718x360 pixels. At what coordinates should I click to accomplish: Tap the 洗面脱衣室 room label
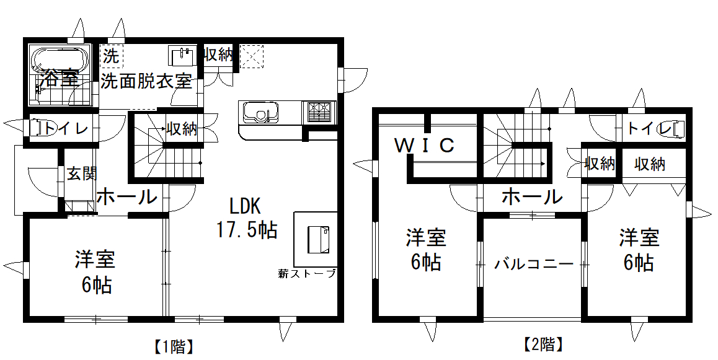coord(146,81)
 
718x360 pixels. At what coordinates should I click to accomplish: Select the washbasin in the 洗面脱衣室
coord(181,56)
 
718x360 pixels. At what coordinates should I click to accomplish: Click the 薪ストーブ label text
coord(308,273)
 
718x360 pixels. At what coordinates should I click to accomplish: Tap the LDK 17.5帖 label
coord(246,218)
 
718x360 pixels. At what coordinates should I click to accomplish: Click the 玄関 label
coord(82,173)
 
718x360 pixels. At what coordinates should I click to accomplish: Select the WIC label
coord(425,146)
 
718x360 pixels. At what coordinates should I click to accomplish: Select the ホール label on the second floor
coord(531,197)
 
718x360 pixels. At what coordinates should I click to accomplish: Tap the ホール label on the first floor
coord(126,198)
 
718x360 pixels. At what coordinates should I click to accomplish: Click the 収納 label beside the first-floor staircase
coord(182,129)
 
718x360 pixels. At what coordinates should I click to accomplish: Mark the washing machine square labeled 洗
coord(112,56)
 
